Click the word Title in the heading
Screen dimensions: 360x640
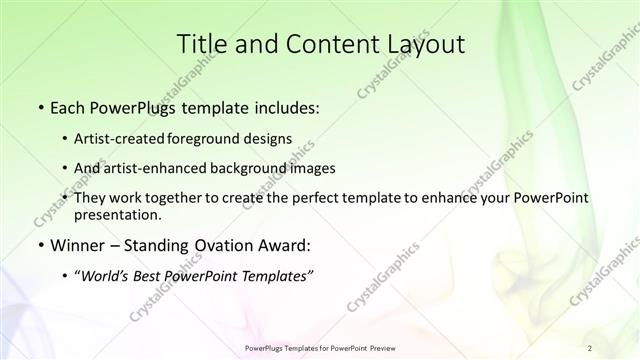click(204, 43)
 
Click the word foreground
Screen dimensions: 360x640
click(212, 138)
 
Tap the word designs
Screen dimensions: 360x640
click(270, 138)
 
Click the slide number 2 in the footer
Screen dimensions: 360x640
click(590, 347)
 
